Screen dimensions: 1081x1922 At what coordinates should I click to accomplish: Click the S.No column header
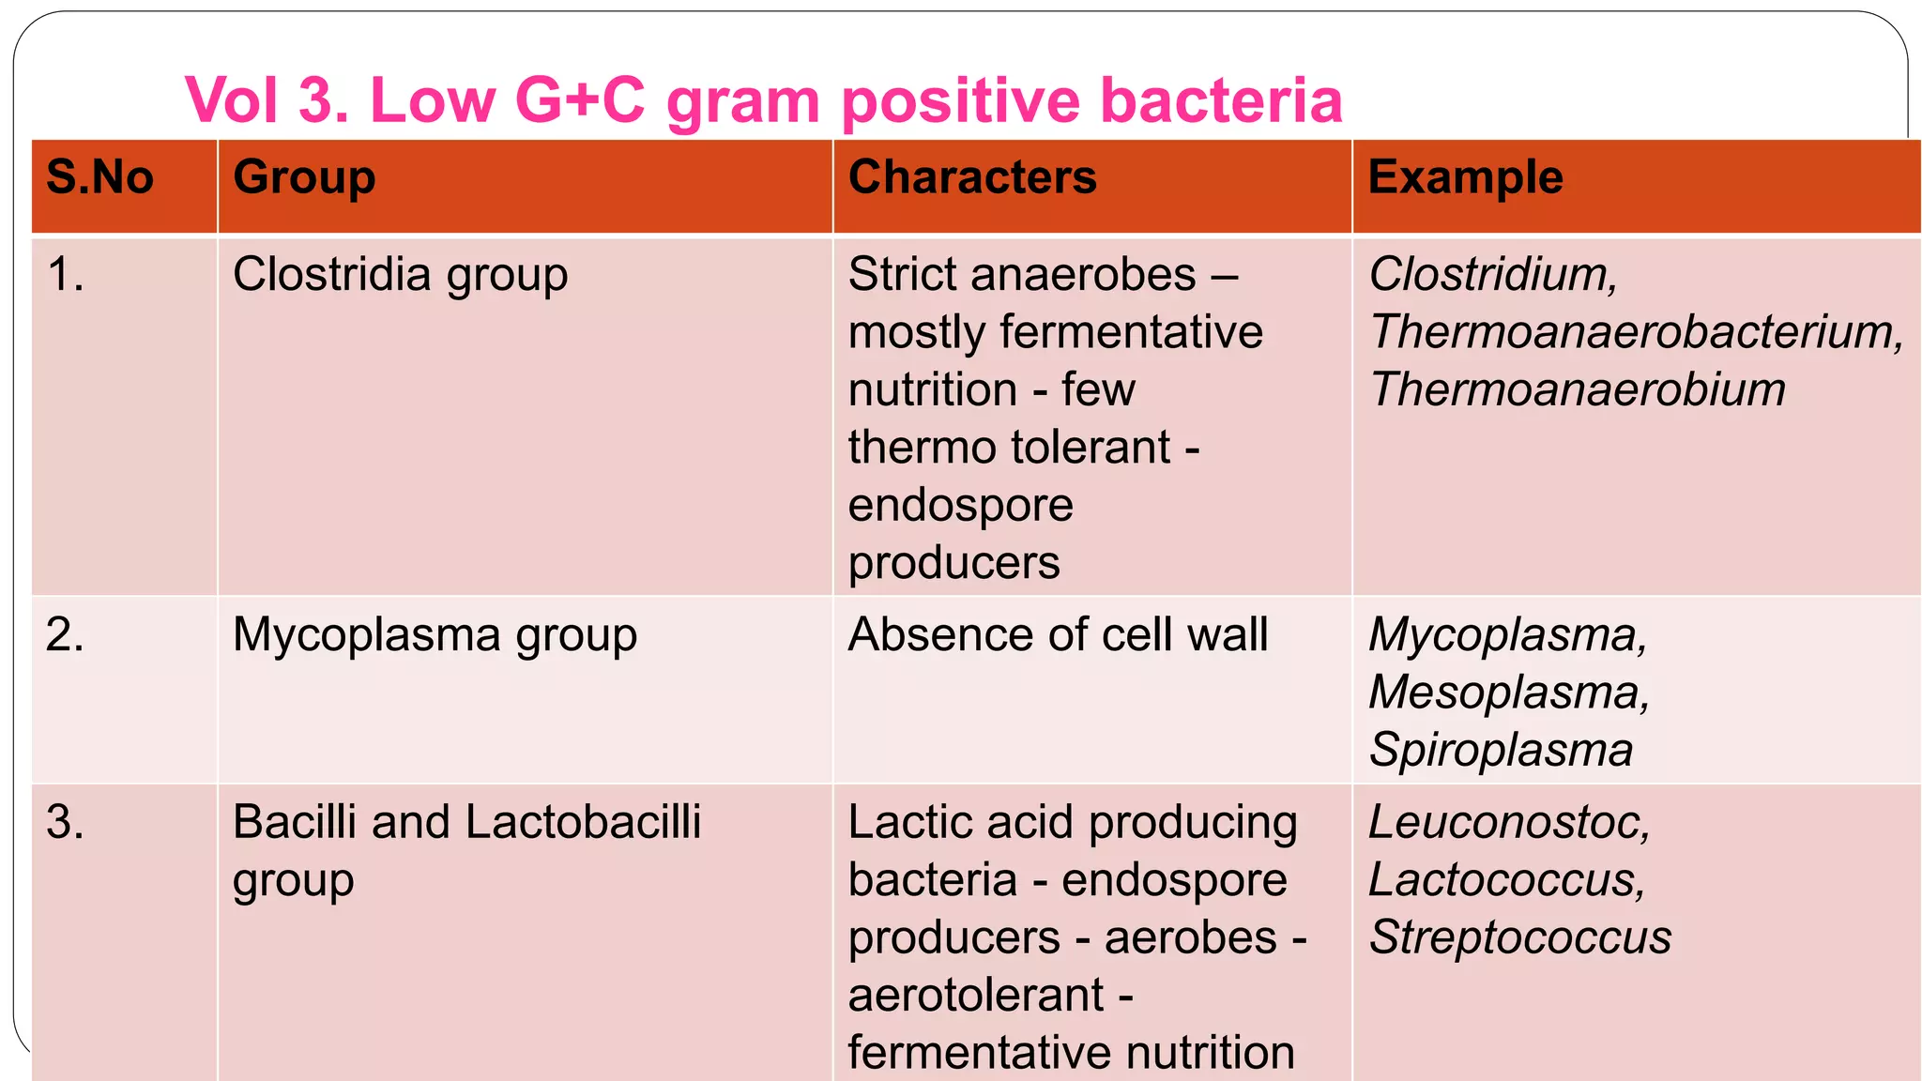[x=99, y=177]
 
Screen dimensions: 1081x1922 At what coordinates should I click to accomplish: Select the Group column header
[x=304, y=177]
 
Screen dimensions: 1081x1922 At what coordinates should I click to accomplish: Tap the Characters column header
[x=972, y=177]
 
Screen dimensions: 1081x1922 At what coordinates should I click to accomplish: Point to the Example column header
[x=1465, y=177]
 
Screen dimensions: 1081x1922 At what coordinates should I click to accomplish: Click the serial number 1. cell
[x=66, y=275]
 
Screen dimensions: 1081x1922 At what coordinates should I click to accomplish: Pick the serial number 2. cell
[x=66, y=635]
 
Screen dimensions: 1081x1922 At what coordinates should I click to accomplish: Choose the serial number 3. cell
[x=66, y=823]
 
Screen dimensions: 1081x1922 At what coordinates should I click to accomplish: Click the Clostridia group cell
[x=400, y=275]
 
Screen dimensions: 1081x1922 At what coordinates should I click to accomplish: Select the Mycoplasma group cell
[x=435, y=635]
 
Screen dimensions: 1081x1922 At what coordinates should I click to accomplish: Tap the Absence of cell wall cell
[x=1058, y=635]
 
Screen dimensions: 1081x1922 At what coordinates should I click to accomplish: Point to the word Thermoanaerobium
[x=1577, y=389]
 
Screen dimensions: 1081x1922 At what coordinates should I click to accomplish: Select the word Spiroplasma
[x=1501, y=751]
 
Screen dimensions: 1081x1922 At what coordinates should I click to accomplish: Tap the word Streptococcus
[x=1519, y=937]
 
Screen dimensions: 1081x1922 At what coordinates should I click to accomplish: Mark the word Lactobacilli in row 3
[x=583, y=823]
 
